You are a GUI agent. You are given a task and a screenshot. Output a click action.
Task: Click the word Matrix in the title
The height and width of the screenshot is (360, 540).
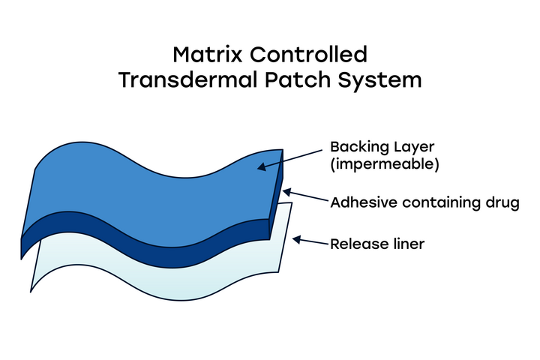click(208, 55)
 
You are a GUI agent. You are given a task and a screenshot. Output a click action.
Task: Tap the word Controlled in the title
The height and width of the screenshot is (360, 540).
click(308, 55)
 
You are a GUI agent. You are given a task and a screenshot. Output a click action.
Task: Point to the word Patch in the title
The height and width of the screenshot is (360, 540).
click(298, 80)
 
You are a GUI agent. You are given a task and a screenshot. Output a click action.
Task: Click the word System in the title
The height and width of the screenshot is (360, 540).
click(379, 80)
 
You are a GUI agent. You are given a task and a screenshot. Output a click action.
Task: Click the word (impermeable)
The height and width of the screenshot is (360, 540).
click(385, 164)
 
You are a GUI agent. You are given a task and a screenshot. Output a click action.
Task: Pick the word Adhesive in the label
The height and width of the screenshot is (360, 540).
click(364, 202)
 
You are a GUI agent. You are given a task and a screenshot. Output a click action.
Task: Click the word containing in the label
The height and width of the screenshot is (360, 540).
click(441, 202)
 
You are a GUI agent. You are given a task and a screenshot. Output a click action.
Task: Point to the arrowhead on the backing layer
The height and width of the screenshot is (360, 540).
click(262, 166)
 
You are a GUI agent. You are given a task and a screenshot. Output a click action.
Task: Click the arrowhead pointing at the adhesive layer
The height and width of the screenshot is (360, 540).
click(286, 192)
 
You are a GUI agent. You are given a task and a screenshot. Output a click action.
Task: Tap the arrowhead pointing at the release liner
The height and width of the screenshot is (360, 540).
click(296, 240)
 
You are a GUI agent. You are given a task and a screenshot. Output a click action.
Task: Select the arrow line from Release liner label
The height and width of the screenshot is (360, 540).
click(310, 241)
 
